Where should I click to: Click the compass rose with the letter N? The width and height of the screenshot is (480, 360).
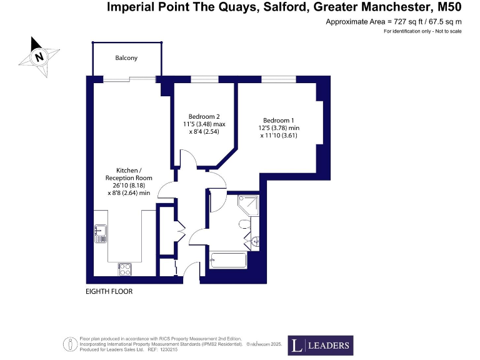click(39, 57)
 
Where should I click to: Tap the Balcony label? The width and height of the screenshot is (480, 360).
click(126, 58)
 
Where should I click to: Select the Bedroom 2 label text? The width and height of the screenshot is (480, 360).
click(204, 116)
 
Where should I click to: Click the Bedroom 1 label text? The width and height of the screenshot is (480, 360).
click(278, 120)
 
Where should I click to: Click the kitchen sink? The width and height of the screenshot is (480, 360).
click(100, 232)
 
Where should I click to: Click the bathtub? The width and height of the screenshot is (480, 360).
click(229, 261)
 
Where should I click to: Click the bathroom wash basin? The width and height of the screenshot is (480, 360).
click(256, 240)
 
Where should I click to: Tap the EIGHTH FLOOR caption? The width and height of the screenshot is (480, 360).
click(109, 292)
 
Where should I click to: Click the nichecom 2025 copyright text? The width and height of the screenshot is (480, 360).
click(266, 344)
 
